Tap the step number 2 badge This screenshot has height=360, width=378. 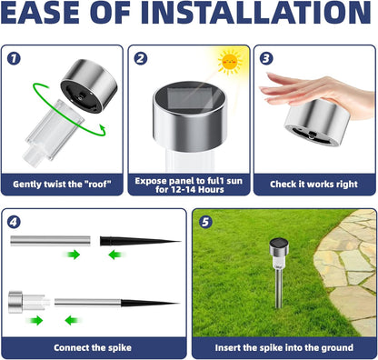click(x=141, y=58)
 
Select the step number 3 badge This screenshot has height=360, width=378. click(x=264, y=58)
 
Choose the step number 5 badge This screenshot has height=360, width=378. click(x=204, y=222)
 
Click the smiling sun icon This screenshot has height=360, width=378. click(x=229, y=63)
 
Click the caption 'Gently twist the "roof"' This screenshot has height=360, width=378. click(x=63, y=185)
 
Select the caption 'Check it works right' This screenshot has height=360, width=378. click(x=314, y=185)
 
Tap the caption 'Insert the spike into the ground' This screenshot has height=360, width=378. click(x=283, y=347)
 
